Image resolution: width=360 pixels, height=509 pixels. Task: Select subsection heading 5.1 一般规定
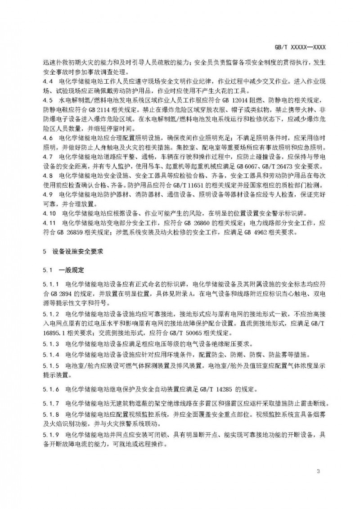coord(65,270)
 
